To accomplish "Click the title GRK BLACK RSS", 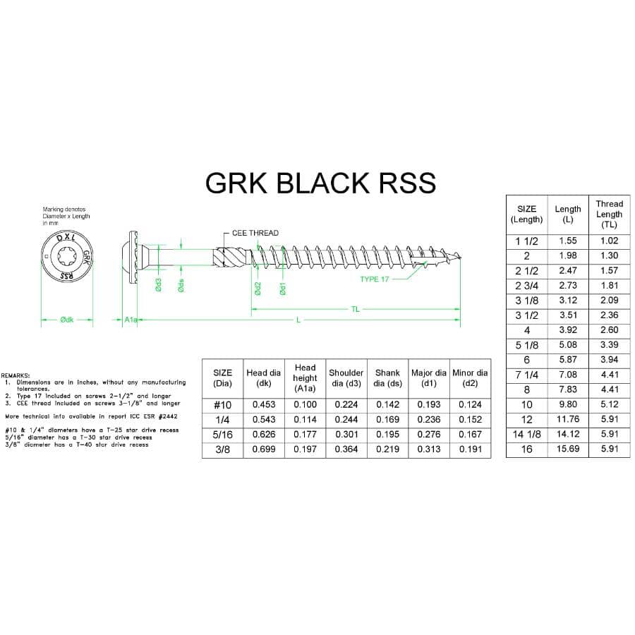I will tap(320, 183).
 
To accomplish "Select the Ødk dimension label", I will tap(67, 320).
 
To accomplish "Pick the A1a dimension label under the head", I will tap(130, 320).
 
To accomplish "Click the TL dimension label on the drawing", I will tap(356, 309).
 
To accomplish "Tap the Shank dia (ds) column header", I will tap(387, 377).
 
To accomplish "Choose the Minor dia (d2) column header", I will tap(470, 377).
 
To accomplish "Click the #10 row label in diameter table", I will tap(222, 404).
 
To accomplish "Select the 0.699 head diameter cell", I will tap(264, 449).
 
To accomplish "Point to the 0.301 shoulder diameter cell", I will tap(346, 434).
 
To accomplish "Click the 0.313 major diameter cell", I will tap(429, 449).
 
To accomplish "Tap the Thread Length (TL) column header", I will tap(610, 214).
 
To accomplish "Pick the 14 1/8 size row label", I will tap(527, 434).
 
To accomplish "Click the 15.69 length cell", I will tap(568, 449).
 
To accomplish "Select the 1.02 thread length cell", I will tap(610, 241).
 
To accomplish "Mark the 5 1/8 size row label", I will tap(527, 345).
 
